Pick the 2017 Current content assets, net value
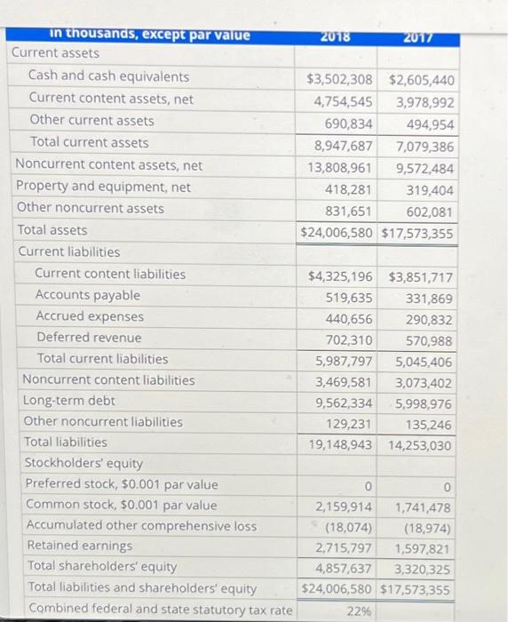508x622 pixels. click(x=424, y=101)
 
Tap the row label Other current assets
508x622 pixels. click(x=91, y=121)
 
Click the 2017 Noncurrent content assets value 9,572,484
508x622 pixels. click(x=424, y=168)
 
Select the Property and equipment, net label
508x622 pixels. click(x=103, y=187)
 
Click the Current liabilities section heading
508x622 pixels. click(x=68, y=251)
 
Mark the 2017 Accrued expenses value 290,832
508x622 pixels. click(x=428, y=319)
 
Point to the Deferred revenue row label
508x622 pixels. click(x=89, y=338)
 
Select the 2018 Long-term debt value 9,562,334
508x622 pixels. click(x=343, y=401)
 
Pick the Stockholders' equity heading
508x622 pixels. click(x=83, y=463)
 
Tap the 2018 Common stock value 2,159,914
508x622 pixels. click(x=344, y=506)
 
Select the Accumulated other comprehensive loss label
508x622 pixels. click(x=140, y=525)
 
